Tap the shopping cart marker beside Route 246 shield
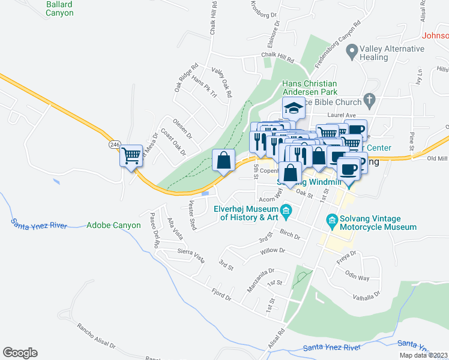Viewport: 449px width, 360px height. coord(131,157)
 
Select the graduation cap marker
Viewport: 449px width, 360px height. coord(293,109)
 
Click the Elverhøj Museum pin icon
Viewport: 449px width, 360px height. coord(286,210)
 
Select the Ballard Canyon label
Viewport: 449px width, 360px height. coord(60,8)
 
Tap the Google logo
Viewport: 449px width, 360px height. coord(20,353)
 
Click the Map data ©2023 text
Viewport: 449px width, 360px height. coord(423,355)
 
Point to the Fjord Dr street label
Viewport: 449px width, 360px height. coord(220,295)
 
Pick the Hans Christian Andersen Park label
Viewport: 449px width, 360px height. coord(310,88)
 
